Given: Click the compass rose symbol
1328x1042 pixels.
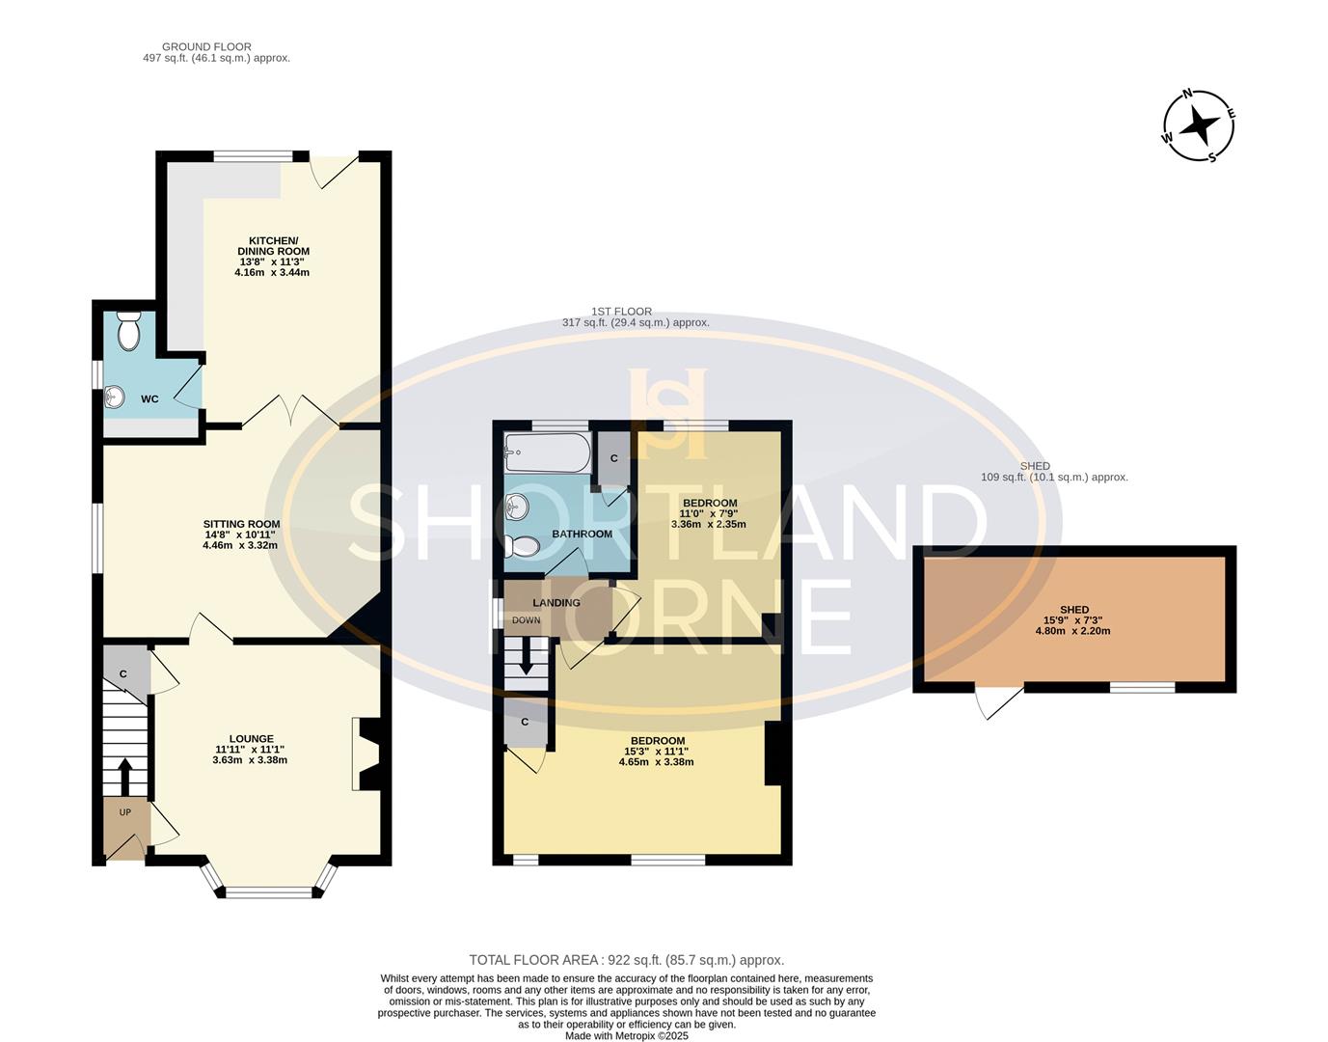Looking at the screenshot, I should point(1199,125).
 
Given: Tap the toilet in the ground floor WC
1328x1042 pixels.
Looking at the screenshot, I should point(127,332).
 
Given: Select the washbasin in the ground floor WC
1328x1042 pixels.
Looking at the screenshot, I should point(115,396).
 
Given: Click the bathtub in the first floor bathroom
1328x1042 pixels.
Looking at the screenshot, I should point(547,452).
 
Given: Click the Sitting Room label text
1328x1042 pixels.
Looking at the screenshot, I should point(241,524).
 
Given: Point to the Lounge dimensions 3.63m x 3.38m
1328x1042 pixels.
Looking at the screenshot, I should point(250,760).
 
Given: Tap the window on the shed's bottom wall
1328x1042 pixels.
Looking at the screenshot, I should point(1142,687).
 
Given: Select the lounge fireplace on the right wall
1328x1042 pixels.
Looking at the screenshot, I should point(368,754).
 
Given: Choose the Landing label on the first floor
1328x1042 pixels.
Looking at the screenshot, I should point(556,603).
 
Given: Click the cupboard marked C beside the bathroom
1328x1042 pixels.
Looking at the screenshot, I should point(614,459).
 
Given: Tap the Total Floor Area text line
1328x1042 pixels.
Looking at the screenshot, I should point(626,960).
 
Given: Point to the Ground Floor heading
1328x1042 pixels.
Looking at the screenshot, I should point(206,46).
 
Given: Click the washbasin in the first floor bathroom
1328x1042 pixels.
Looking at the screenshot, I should point(518,506).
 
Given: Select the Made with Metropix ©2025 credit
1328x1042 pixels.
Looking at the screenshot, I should point(626,1035).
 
